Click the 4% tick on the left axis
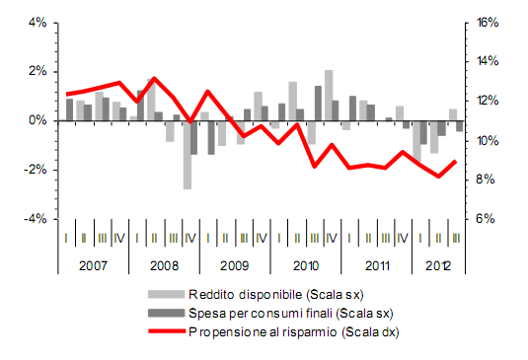36,22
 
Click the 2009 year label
233,265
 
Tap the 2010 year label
304,265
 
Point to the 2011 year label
375,265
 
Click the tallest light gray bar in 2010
329,95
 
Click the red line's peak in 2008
155,78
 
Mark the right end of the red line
455,161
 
